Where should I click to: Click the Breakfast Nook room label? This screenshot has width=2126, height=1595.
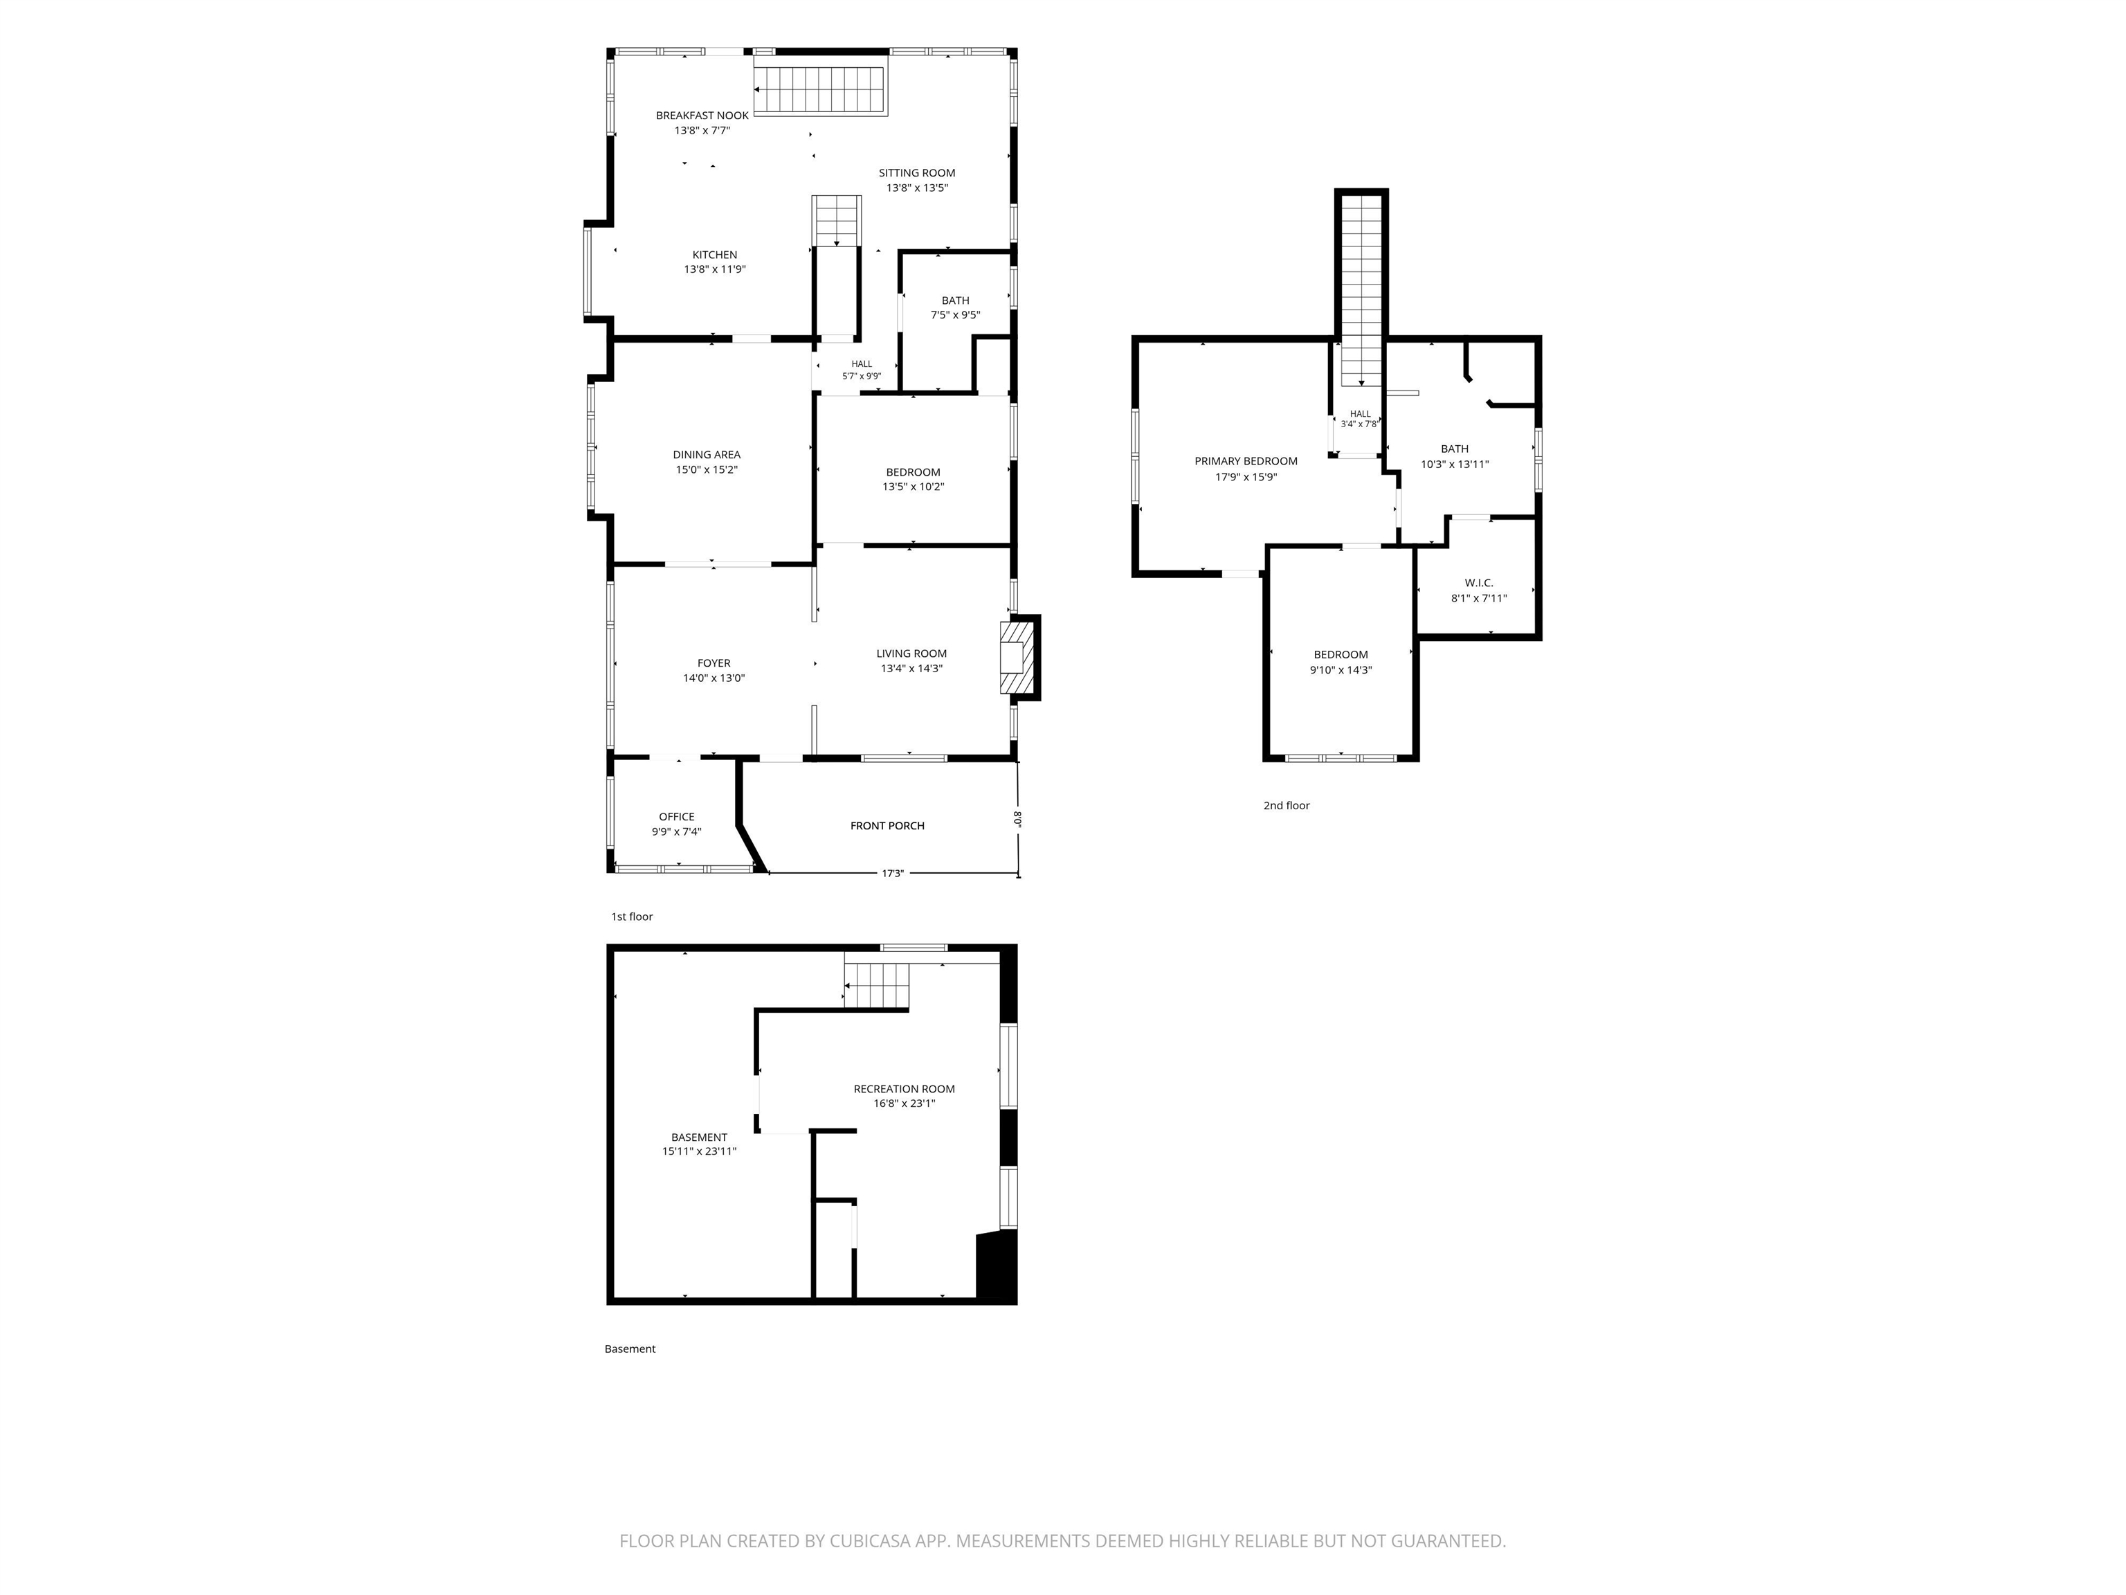point(702,116)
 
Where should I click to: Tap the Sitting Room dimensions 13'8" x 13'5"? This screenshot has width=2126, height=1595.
point(917,188)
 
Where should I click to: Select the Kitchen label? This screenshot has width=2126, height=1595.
point(715,255)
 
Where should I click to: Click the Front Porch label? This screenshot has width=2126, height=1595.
point(887,826)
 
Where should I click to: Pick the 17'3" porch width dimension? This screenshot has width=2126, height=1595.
point(893,874)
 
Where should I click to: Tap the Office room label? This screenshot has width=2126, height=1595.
point(677,817)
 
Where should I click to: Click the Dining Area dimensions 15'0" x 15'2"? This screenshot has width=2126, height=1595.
point(707,470)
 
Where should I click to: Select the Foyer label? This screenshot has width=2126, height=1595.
point(714,663)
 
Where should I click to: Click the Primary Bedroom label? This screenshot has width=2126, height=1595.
point(1246,462)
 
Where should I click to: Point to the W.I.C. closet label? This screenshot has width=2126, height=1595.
point(1479,583)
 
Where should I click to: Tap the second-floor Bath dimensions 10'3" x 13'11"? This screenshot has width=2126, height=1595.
point(1455,465)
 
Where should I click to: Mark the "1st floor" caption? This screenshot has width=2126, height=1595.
point(631,917)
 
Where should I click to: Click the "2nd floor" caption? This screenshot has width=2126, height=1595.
point(1286,806)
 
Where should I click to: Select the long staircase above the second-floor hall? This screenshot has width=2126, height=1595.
point(1361,289)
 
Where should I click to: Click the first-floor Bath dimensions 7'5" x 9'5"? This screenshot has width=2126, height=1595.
point(955,316)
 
